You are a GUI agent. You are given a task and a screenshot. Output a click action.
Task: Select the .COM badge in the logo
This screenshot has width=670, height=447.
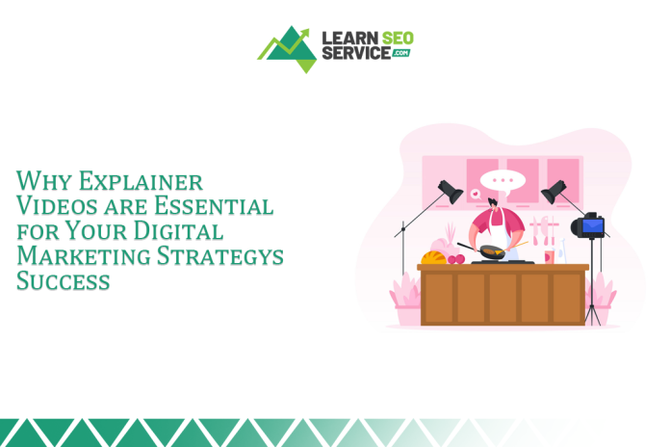400,54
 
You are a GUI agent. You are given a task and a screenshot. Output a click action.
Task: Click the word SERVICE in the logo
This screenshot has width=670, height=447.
355,54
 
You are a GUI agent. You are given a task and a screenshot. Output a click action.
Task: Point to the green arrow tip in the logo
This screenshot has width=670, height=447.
307,32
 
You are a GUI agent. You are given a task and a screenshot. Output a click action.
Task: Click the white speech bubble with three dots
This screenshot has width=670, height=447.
499,180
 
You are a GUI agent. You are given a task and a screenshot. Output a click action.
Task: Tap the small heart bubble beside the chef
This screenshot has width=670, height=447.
476,195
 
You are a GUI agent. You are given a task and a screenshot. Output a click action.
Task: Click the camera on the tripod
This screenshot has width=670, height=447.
588,227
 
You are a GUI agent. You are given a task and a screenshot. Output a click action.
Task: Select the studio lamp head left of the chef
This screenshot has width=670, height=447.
450,191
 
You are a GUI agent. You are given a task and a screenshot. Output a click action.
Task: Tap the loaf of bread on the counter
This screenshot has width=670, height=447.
433,257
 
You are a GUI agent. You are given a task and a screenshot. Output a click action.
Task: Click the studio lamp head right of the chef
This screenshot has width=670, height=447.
554,191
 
